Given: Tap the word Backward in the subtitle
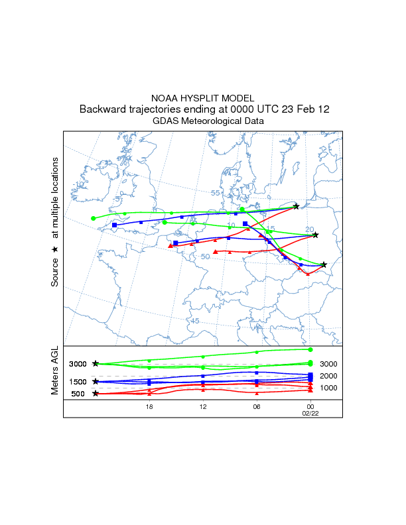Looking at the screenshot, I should click(104, 109).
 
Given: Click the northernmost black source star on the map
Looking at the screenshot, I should click(296, 207).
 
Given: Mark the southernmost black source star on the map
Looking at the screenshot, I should click(324, 264).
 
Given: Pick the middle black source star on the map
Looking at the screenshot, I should click(316, 235).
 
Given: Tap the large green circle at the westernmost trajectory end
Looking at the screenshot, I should click(94, 218).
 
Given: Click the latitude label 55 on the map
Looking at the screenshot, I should click(216, 193).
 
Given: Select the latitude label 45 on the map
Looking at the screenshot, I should click(195, 321).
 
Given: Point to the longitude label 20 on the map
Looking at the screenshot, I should click(310, 229).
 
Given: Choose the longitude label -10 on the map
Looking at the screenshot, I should click(80, 184).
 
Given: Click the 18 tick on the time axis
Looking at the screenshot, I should click(149, 407).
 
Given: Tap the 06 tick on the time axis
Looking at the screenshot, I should click(256, 407).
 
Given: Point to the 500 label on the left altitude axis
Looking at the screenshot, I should click(78, 394).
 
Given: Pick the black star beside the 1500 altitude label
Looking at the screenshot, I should click(96, 381).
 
